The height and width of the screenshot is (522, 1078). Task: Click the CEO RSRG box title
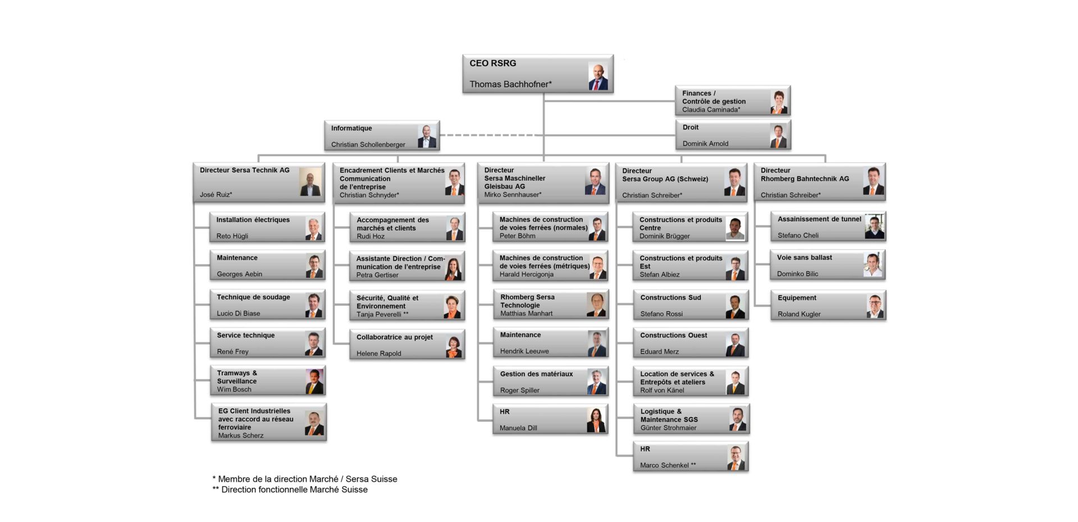(492, 63)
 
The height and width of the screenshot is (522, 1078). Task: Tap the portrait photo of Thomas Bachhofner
(598, 76)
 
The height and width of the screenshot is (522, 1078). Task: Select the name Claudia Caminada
(711, 110)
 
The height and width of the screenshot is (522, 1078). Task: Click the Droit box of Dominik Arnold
(733, 135)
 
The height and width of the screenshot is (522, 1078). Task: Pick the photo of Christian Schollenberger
(427, 136)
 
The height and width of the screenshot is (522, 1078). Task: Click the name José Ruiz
(216, 195)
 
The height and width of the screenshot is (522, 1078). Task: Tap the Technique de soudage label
(253, 297)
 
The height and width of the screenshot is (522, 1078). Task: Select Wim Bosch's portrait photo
(314, 381)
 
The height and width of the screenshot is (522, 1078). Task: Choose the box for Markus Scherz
(269, 422)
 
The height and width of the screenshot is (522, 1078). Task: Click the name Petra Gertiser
(377, 275)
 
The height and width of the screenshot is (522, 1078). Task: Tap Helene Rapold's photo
(454, 346)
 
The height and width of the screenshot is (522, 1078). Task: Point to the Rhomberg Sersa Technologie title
(527, 301)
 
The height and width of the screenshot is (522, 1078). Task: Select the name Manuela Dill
(518, 428)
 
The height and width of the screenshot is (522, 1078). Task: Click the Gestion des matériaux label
(536, 374)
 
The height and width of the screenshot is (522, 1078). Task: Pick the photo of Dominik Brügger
(735, 228)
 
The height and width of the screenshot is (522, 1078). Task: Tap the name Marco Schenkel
(668, 465)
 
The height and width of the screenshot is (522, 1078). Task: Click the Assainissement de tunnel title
(819, 219)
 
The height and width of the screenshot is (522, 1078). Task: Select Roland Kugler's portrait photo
(875, 306)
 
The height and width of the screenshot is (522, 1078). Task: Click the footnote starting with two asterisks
(290, 489)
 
